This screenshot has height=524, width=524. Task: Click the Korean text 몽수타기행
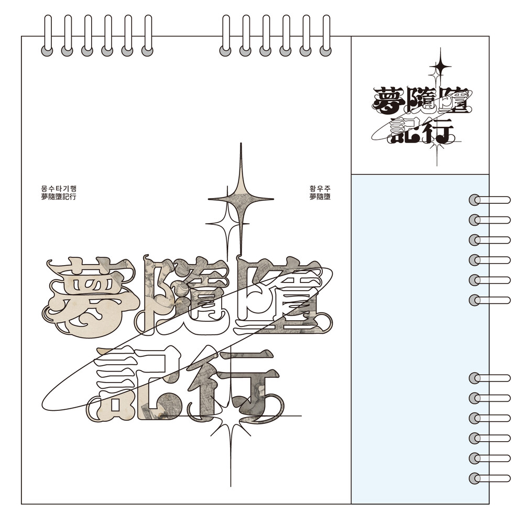click(59, 189)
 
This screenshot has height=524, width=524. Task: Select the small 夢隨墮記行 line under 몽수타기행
click(59, 197)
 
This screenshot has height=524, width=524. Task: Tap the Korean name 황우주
click(320, 189)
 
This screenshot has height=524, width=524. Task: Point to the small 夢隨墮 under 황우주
click(320, 197)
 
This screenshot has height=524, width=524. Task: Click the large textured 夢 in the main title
click(89, 298)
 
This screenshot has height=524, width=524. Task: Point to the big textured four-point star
click(241, 199)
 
